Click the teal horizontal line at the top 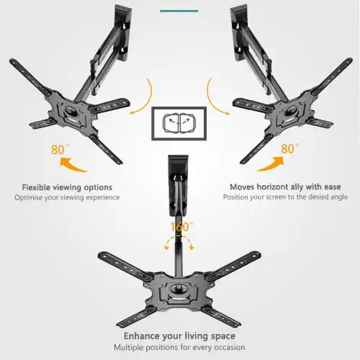coord(179,11)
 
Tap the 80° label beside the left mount coord(60,150)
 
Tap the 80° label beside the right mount coord(290,148)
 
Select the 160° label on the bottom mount coord(181,227)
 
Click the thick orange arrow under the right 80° coord(271,164)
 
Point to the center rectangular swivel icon coord(179,123)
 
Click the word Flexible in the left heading coord(36,187)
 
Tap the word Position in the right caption coord(235,197)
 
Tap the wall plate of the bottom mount coord(178,185)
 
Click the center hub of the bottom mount coord(179,292)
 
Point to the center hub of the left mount coord(71,112)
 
